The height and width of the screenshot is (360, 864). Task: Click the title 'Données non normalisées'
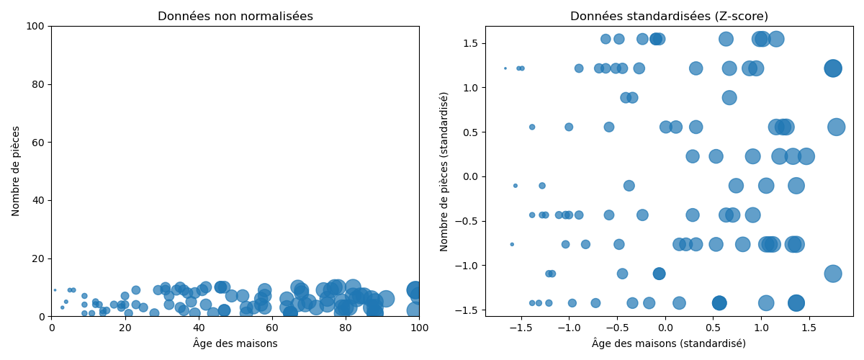[x=235, y=17]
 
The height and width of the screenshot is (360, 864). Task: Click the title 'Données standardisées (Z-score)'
[x=669, y=17]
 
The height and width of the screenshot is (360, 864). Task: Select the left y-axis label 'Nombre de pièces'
[x=16, y=171]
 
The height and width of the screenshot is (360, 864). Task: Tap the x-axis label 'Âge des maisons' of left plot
[x=235, y=344]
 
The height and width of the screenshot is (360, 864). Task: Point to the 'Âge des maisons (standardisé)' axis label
[x=669, y=344]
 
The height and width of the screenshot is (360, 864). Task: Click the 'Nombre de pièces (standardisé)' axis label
[x=444, y=171]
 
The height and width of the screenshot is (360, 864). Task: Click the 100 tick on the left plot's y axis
[x=38, y=27]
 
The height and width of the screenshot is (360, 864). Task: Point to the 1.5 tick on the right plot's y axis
[x=472, y=43]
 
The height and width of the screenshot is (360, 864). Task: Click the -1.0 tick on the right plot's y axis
[x=469, y=266]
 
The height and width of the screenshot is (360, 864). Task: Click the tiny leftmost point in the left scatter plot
[x=55, y=290]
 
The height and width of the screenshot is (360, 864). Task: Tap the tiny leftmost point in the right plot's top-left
[x=505, y=68]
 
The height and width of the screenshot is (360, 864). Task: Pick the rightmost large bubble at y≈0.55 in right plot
[x=836, y=127]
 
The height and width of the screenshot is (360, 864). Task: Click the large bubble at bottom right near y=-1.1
[x=833, y=274]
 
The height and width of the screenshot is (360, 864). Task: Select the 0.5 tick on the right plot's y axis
[x=472, y=132]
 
